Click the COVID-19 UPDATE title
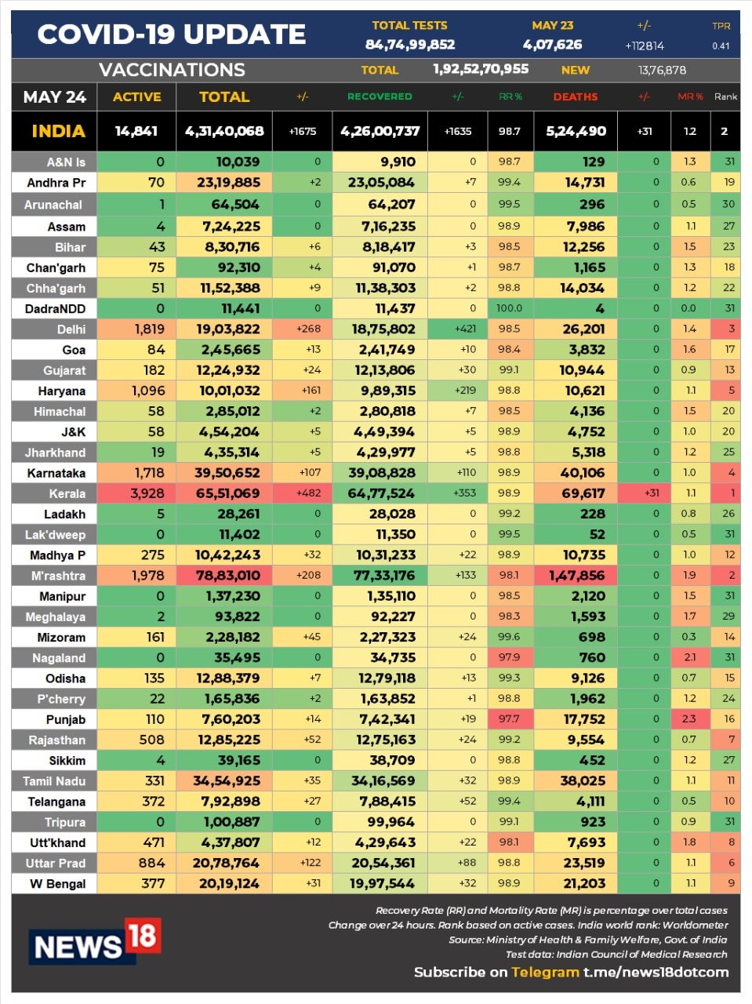coord(172,35)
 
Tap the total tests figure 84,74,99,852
coord(409,45)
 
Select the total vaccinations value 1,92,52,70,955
coord(481,69)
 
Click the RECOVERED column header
coord(380,96)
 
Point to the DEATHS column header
coord(575,96)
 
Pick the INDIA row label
coord(58,131)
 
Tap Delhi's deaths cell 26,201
coord(583,329)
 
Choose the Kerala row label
coord(67,493)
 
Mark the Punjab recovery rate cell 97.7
coord(509,719)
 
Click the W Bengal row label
coord(58,883)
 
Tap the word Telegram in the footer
coord(545,972)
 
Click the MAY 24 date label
coord(54,97)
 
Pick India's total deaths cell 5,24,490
coord(576,131)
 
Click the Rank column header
coord(725,96)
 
